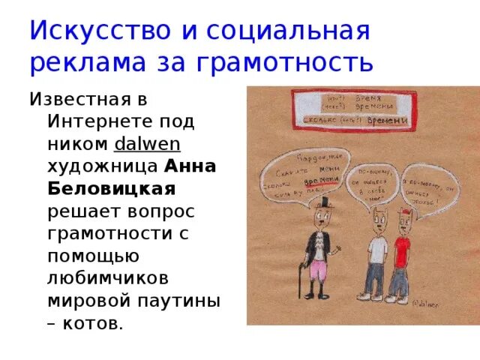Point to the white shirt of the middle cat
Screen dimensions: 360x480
[376, 244]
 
